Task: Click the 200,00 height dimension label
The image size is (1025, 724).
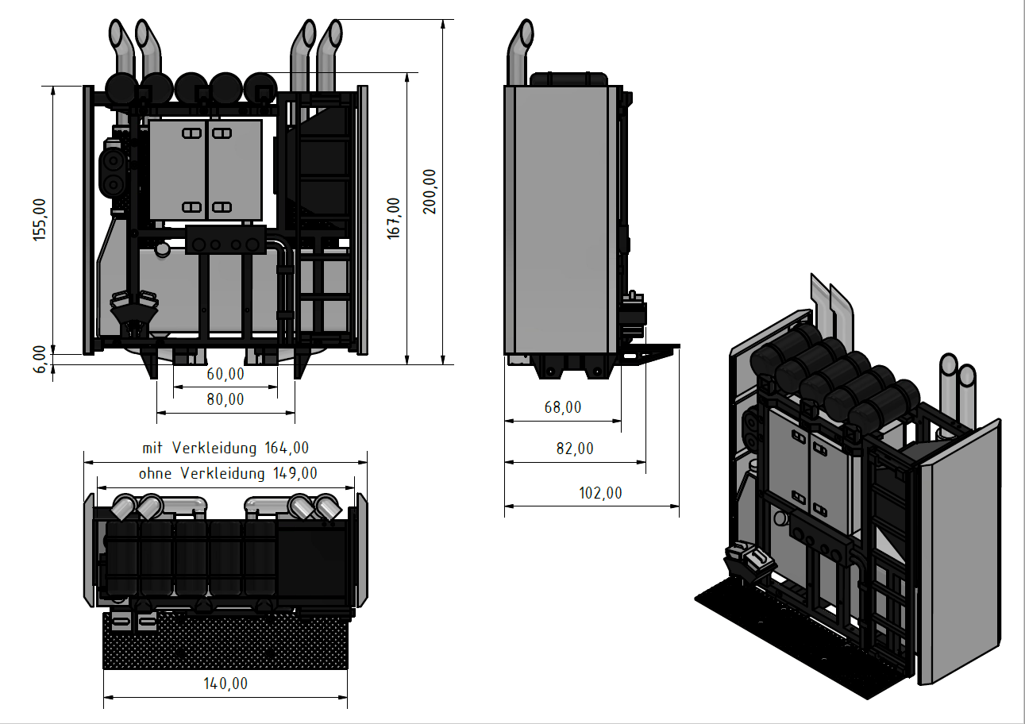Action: point(430,191)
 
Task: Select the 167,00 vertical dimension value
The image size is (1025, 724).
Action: point(394,218)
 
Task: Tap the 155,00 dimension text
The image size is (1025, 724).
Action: point(40,220)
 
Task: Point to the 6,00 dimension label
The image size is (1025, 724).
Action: point(40,360)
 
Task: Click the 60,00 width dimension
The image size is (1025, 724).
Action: point(225,375)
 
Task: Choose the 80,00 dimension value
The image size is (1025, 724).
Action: point(225,399)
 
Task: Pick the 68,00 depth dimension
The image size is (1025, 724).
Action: point(562,407)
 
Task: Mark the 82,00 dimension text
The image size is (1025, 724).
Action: point(575,449)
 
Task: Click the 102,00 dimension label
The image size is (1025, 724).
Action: point(600,493)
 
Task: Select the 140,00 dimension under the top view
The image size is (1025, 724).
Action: point(225,684)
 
